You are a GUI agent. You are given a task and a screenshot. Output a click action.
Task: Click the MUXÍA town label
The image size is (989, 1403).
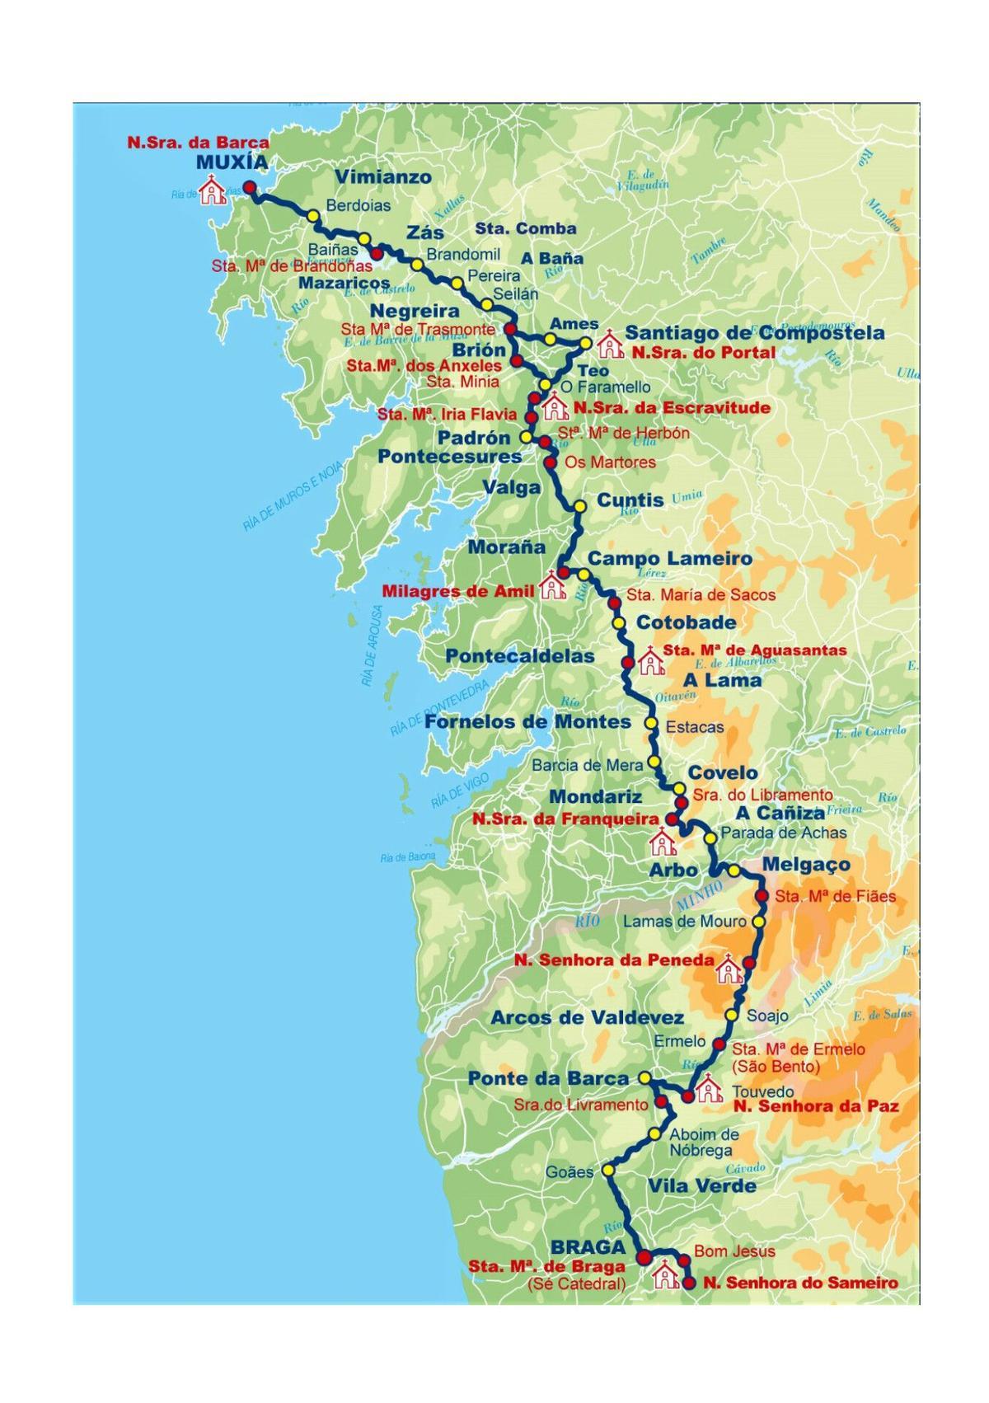pyautogui.click(x=232, y=162)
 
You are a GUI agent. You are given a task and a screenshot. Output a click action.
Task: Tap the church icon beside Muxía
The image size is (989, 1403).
pyautogui.click(x=214, y=191)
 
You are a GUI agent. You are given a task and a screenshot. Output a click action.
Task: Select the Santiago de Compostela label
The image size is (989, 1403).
pyautogui.click(x=754, y=334)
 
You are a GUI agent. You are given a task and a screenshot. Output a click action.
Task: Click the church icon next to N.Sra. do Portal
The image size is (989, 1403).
pyautogui.click(x=611, y=345)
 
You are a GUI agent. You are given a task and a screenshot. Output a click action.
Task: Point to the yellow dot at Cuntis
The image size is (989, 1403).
pyautogui.click(x=579, y=506)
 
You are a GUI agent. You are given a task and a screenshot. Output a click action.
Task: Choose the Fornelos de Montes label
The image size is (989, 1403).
pyautogui.click(x=527, y=722)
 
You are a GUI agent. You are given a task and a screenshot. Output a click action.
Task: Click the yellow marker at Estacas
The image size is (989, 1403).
pyautogui.click(x=650, y=724)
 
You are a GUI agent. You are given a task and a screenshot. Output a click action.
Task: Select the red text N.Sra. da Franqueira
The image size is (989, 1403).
pyautogui.click(x=565, y=819)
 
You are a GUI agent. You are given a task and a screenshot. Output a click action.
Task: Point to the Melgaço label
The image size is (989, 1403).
pyautogui.click(x=805, y=865)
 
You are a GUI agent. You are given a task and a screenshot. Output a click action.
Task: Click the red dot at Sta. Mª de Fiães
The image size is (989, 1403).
pyautogui.click(x=762, y=896)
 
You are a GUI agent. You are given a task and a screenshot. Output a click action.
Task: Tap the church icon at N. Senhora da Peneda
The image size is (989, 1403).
pyautogui.click(x=729, y=970)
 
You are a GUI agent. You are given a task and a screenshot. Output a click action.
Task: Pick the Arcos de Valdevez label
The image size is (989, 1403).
pyautogui.click(x=587, y=1018)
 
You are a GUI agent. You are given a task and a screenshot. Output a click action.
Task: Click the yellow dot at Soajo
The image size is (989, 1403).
pyautogui.click(x=731, y=1015)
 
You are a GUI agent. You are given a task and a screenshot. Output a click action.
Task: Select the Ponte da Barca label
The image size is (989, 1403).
pyautogui.click(x=548, y=1078)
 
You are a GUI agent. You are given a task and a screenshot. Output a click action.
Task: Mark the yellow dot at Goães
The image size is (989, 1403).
pyautogui.click(x=608, y=1170)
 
